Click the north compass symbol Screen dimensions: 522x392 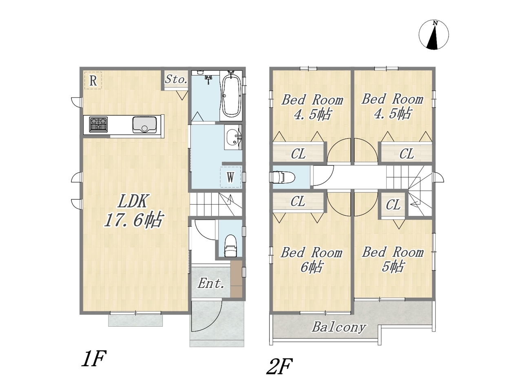coord(434,35)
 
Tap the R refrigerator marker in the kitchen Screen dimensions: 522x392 coord(93,81)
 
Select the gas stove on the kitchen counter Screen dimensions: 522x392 coord(98,124)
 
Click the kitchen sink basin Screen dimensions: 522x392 coord(145,125)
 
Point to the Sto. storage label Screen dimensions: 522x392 coord(176,79)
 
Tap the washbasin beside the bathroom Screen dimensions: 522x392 coord(233,138)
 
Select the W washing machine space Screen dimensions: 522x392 coord(230,177)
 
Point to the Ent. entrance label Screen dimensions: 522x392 coord(211,283)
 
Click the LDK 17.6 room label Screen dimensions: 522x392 coord(134,211)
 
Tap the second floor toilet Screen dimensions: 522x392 coord(282,177)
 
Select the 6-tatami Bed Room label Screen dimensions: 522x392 coord(312,260)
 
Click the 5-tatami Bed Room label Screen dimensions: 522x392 coord(393,259)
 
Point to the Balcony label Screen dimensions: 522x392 coord(338,327)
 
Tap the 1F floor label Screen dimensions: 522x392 coord(93,359)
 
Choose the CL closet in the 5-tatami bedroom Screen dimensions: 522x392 coord(393,205)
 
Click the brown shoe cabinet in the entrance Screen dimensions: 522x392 coord(237,279)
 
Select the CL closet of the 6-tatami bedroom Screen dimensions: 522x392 coord(298,201)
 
